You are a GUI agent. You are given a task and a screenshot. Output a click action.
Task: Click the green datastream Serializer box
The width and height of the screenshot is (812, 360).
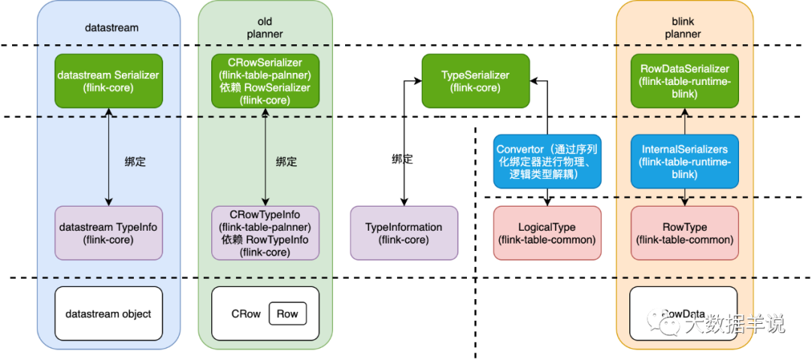click(x=108, y=80)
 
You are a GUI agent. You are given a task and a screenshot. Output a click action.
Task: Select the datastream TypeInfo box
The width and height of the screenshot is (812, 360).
click(x=108, y=233)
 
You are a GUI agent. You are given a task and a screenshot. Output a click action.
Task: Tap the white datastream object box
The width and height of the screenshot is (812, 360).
click(x=108, y=313)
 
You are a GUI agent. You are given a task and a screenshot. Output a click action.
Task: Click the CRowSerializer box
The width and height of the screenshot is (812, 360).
click(x=265, y=80)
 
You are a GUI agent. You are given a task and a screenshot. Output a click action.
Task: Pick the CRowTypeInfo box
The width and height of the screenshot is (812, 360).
click(x=265, y=233)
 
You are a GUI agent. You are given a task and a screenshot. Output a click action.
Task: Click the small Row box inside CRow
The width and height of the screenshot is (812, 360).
click(x=287, y=313)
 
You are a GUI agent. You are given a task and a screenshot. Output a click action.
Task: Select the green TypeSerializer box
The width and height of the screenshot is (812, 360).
click(x=475, y=80)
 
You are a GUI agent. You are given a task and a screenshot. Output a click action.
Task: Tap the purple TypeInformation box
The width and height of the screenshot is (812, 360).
click(x=404, y=233)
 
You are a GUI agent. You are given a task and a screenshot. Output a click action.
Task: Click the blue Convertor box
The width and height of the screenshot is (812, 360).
click(x=547, y=161)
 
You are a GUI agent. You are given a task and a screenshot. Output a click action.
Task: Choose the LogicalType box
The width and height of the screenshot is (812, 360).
click(x=547, y=233)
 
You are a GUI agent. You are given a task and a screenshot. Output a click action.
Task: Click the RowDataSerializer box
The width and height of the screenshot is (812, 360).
click(x=684, y=80)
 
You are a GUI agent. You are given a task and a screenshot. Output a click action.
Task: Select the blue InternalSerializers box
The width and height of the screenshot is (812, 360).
click(x=684, y=161)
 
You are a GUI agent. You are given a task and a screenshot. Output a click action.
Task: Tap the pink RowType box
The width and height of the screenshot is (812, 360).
click(x=684, y=233)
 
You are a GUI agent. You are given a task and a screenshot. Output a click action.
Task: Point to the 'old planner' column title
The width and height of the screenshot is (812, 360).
click(x=265, y=28)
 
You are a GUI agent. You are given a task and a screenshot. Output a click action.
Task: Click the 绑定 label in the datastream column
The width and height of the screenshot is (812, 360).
click(x=135, y=161)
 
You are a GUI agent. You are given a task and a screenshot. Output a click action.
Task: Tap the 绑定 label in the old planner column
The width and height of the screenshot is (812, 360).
click(x=286, y=161)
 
